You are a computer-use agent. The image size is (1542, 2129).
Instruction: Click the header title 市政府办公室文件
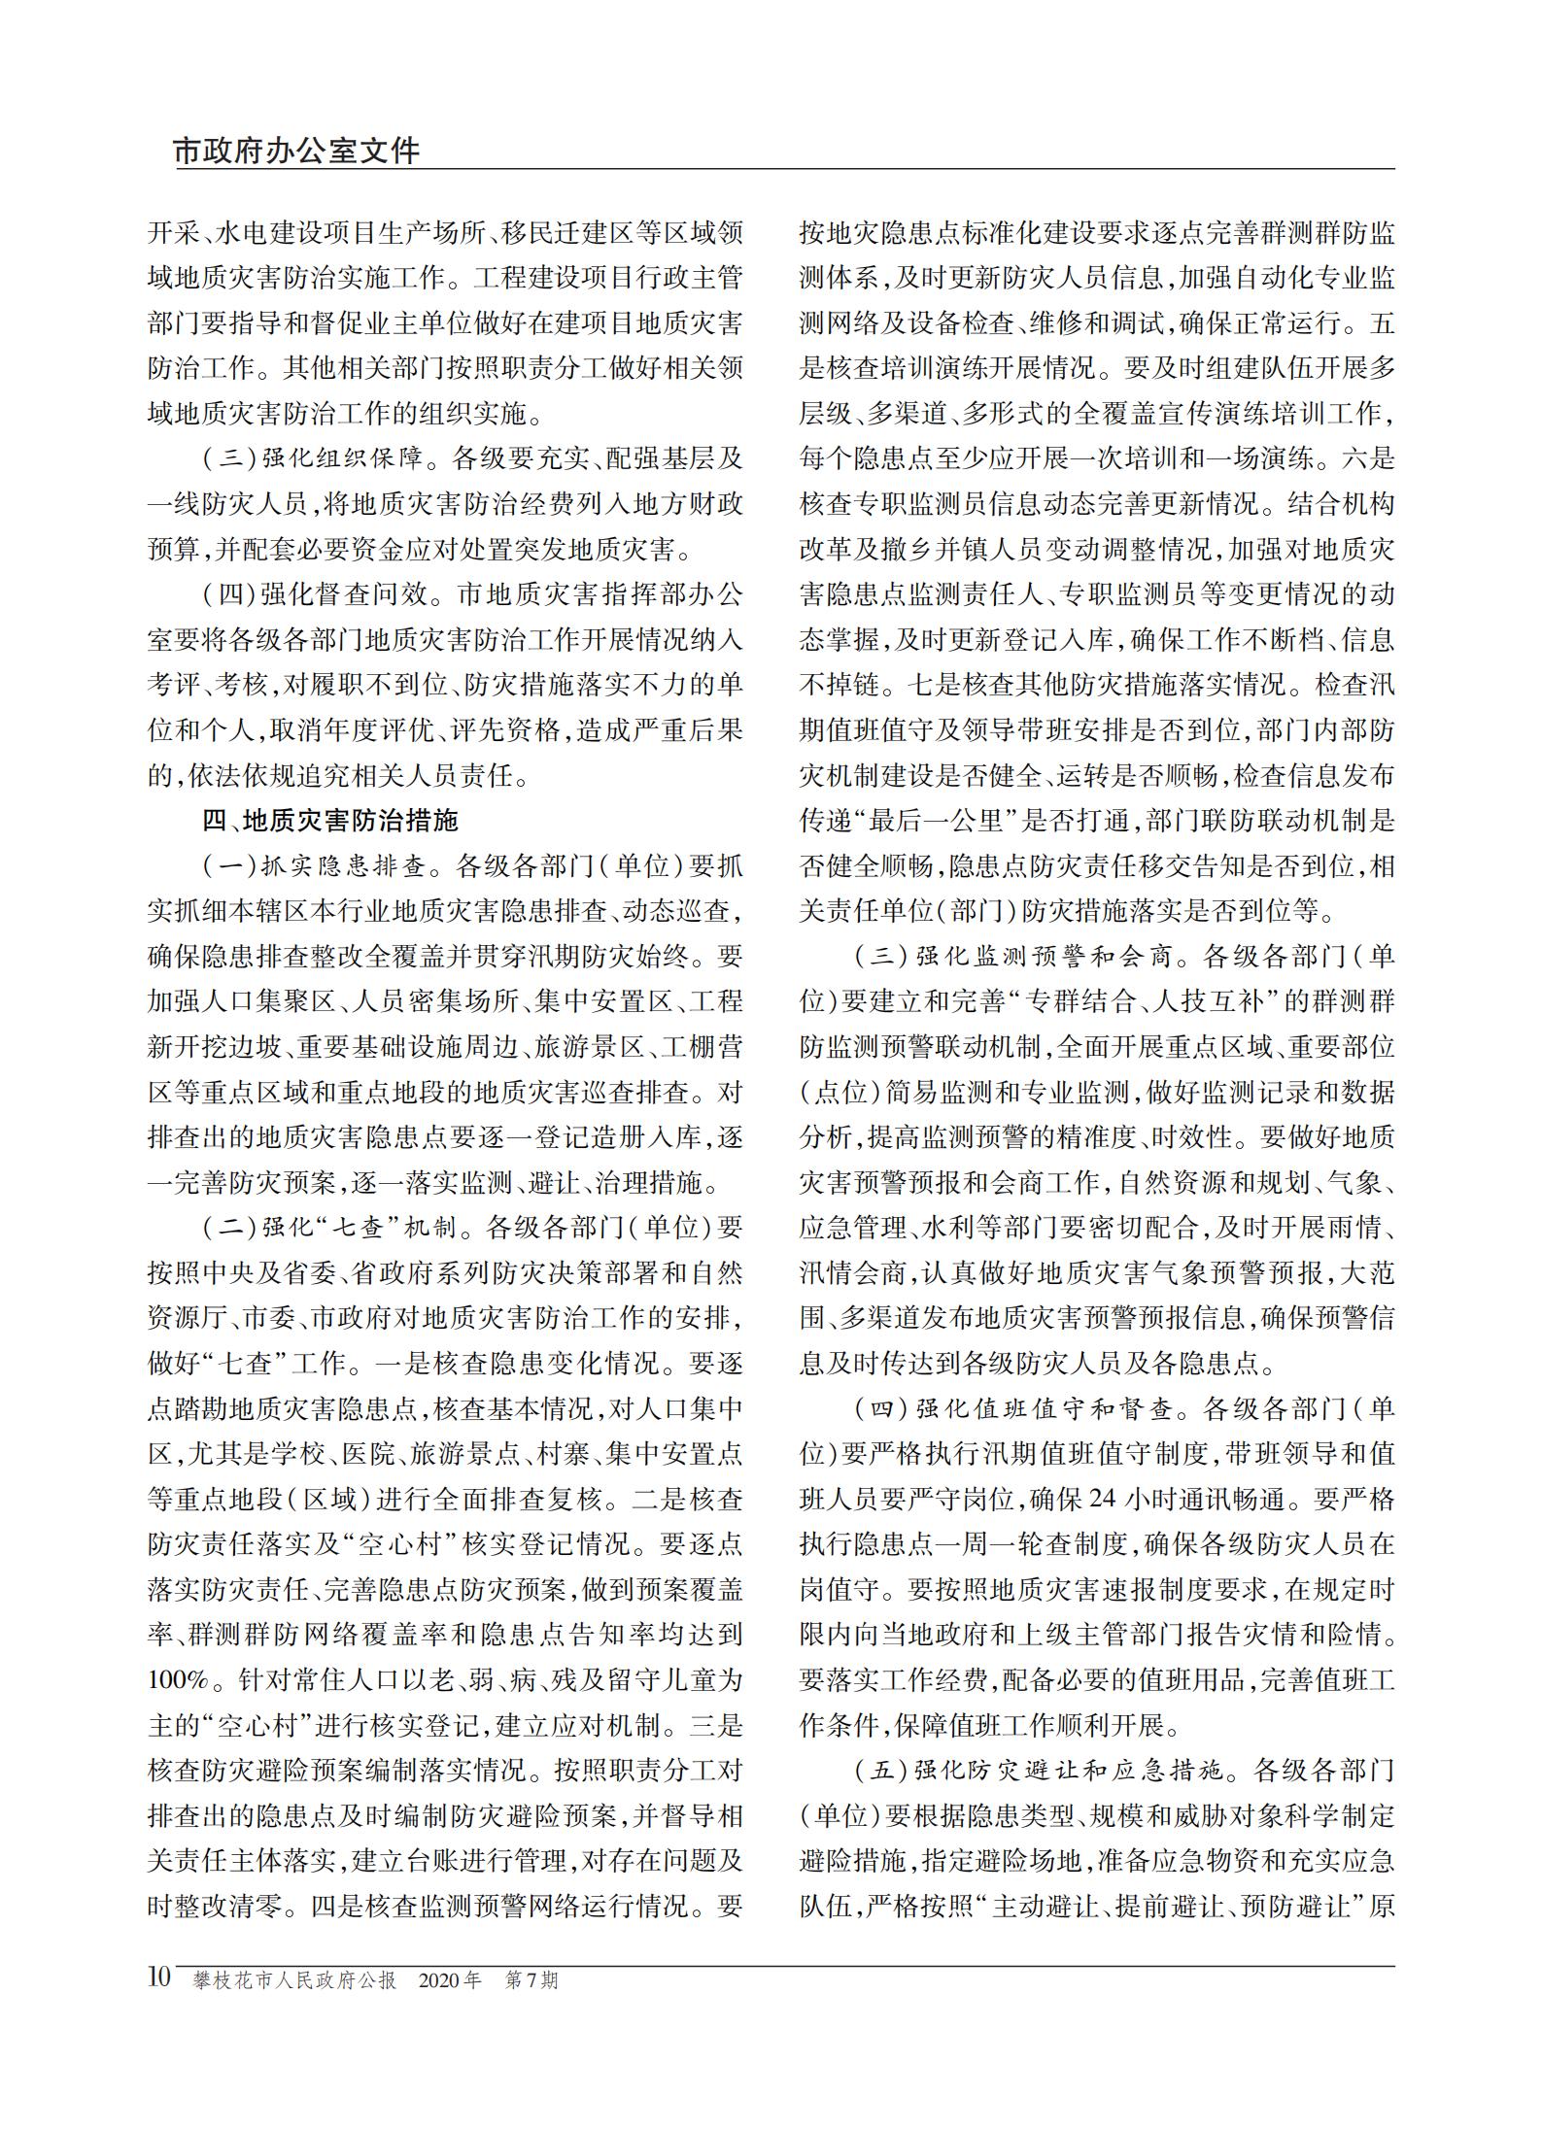pos(296,152)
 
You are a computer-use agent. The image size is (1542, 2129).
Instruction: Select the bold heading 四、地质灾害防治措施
pos(329,821)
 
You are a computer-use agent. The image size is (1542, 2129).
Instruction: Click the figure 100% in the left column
pos(180,1680)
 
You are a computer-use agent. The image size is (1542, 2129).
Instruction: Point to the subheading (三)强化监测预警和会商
pos(1021,957)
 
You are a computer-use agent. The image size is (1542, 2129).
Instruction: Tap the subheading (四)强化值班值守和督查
pos(1021,1409)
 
